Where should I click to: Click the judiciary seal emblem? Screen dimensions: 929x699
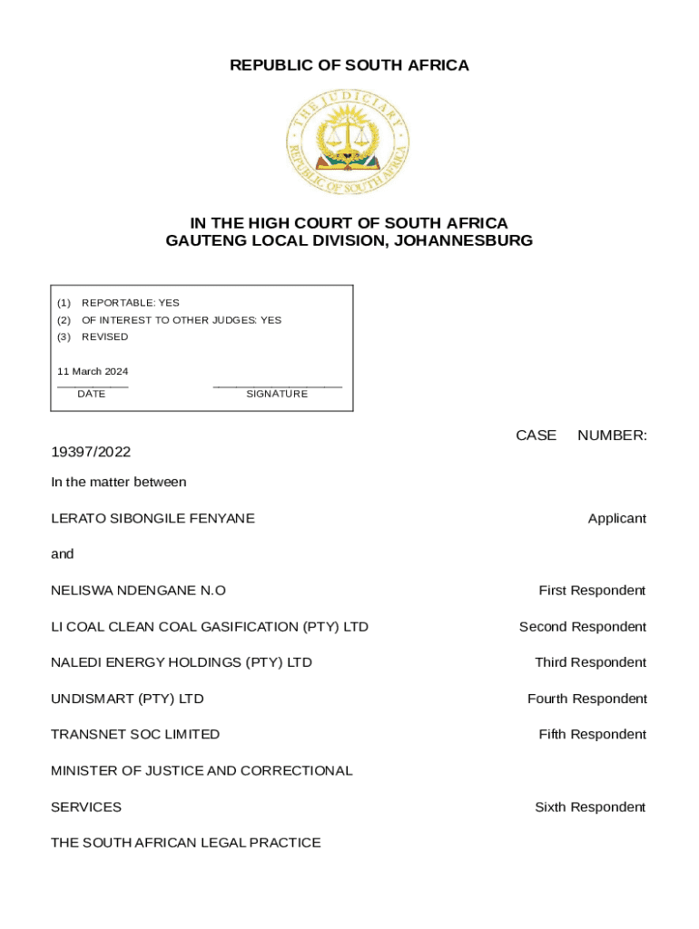pyautogui.click(x=349, y=142)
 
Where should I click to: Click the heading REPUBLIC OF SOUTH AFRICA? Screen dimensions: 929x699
pyautogui.click(x=349, y=65)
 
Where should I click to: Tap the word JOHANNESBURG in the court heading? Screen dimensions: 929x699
pyautogui.click(x=464, y=241)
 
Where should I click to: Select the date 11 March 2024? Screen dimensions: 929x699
pyautogui.click(x=93, y=371)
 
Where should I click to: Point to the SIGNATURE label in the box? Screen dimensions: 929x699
pyautogui.click(x=277, y=394)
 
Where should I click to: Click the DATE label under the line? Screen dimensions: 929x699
pyautogui.click(x=91, y=394)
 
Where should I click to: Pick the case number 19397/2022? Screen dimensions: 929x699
pyautogui.click(x=91, y=452)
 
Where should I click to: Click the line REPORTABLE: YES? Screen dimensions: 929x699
pyautogui.click(x=131, y=303)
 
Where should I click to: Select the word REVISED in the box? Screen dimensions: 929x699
pyautogui.click(x=105, y=337)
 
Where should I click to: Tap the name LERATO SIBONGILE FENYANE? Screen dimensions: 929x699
pyautogui.click(x=153, y=519)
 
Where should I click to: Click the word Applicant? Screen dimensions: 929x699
pyautogui.click(x=617, y=519)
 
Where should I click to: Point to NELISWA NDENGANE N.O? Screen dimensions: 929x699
pyautogui.click(x=138, y=591)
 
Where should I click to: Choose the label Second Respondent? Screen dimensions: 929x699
pyautogui.click(x=583, y=627)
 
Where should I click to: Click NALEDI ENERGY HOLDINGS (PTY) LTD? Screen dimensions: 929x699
pyautogui.click(x=182, y=662)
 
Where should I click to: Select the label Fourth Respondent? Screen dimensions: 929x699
pyautogui.click(x=587, y=699)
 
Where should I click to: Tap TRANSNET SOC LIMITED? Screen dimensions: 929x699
pyautogui.click(x=135, y=734)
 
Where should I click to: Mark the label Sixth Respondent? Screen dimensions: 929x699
pyautogui.click(x=590, y=807)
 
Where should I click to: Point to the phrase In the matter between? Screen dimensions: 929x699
pyautogui.click(x=119, y=483)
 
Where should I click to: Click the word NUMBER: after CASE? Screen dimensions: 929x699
pyautogui.click(x=612, y=435)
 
